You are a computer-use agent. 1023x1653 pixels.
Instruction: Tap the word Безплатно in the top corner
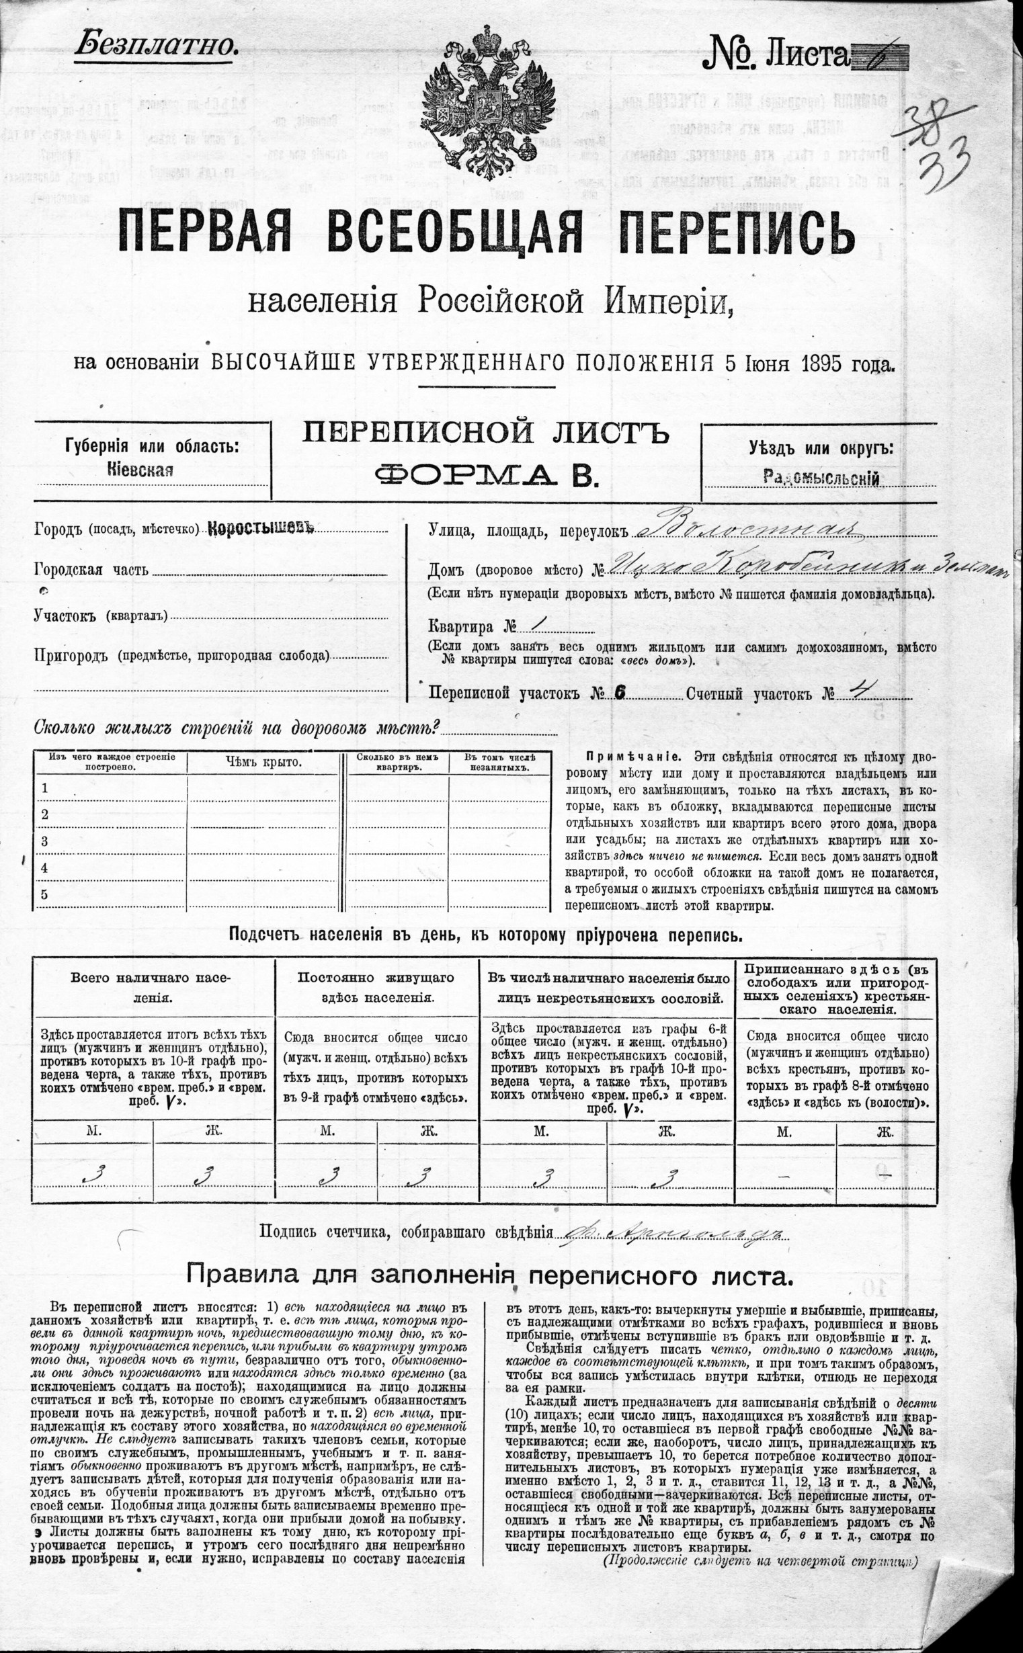pos(157,44)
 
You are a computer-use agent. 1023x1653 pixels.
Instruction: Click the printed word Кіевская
pos(140,470)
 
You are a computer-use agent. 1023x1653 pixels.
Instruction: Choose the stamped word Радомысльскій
pos(821,478)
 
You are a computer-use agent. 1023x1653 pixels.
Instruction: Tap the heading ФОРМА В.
pos(487,475)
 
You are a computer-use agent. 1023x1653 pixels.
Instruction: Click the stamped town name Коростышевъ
pos(261,528)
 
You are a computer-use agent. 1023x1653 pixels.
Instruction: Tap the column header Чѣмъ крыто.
pos(263,762)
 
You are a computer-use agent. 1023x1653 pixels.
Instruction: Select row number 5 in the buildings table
pos(44,894)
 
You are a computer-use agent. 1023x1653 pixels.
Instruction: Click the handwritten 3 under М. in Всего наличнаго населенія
pos(93,1175)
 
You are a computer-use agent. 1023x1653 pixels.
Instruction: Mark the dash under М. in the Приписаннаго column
pos(784,1176)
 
